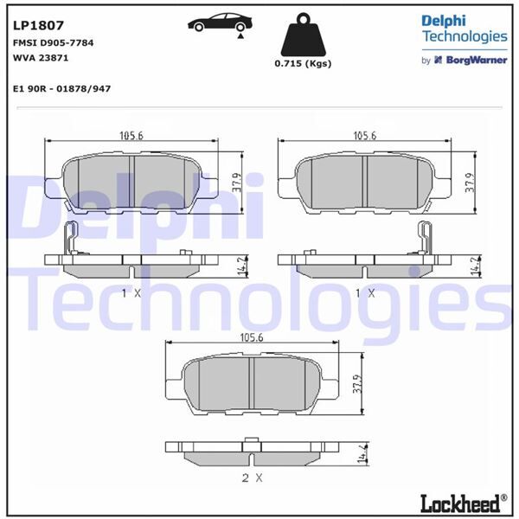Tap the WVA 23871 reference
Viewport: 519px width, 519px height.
pyautogui.click(x=41, y=57)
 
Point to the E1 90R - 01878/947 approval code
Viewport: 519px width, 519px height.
pyautogui.click(x=61, y=89)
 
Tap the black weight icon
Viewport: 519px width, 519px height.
pyautogui.click(x=303, y=37)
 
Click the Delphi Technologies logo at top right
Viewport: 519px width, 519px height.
pyautogui.click(x=464, y=29)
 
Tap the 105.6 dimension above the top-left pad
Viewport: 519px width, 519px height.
pyautogui.click(x=130, y=136)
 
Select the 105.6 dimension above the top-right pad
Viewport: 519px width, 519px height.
pyautogui.click(x=365, y=136)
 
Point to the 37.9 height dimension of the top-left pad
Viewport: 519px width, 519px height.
pyautogui.click(x=237, y=182)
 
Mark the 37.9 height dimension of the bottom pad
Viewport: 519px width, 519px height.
pyautogui.click(x=356, y=383)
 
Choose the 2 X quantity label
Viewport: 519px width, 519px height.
pyautogui.click(x=251, y=477)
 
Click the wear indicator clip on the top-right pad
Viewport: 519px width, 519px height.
pyautogui.click(x=425, y=238)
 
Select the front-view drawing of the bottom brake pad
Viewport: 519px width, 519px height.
pyautogui.click(x=251, y=383)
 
